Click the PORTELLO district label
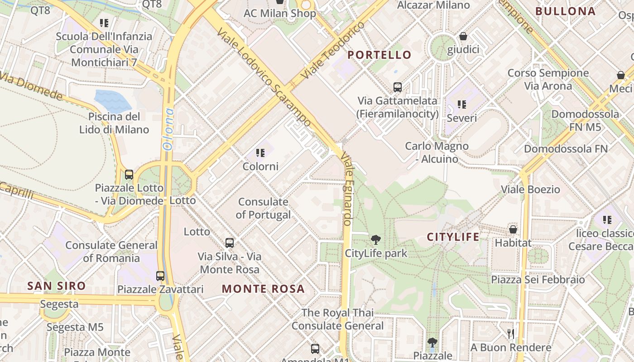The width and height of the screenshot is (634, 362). [379, 55]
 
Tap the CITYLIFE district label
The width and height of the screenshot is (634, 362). [453, 237]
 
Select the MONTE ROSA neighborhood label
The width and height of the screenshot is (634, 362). [263, 289]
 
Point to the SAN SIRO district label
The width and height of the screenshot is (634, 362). [56, 286]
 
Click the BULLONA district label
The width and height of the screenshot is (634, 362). [566, 11]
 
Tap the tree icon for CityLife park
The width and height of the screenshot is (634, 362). [375, 240]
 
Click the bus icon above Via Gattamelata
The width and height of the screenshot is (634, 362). [398, 87]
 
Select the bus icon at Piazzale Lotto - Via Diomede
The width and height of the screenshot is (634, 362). [129, 175]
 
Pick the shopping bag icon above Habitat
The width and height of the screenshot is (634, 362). [513, 229]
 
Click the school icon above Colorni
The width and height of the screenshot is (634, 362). [260, 153]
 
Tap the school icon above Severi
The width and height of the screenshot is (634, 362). [462, 105]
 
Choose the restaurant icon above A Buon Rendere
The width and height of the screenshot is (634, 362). [511, 334]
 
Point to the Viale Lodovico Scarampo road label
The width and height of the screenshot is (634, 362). [264, 77]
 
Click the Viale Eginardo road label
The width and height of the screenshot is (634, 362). [347, 189]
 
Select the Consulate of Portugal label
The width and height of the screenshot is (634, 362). [263, 208]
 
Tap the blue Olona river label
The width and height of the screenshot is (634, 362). [168, 129]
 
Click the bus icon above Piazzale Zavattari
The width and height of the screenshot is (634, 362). [160, 276]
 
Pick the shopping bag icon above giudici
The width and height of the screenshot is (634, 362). [463, 36]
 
